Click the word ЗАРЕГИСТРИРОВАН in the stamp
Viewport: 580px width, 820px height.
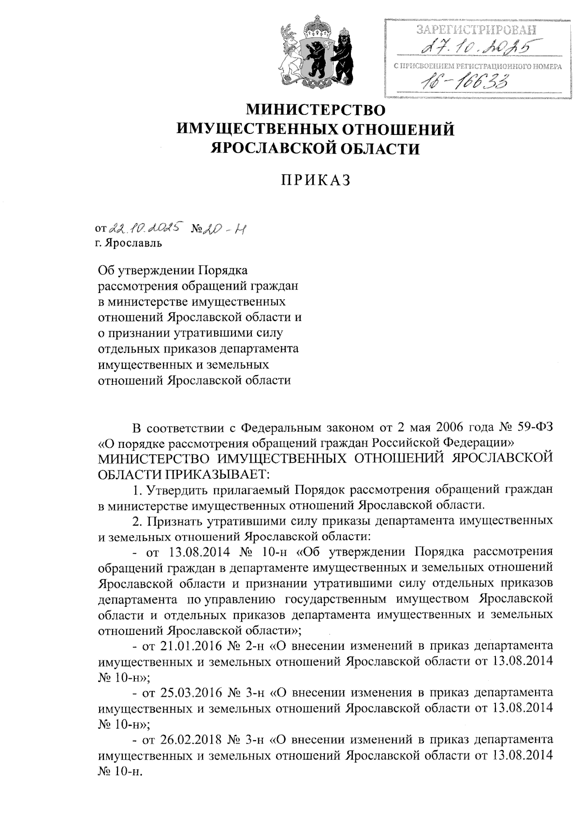pyautogui.click(x=476, y=29)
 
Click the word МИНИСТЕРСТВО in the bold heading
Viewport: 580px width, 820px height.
pyautogui.click(x=317, y=110)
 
